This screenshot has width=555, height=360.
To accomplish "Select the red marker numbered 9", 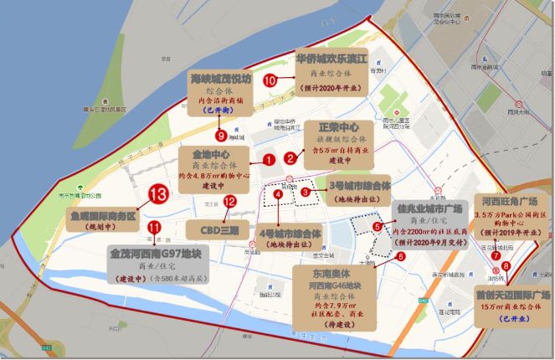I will pyautogui.click(x=221, y=134).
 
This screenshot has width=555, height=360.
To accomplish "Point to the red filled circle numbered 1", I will pyautogui.click(x=269, y=157).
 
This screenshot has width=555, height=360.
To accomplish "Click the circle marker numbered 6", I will pyautogui.click(x=401, y=256).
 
